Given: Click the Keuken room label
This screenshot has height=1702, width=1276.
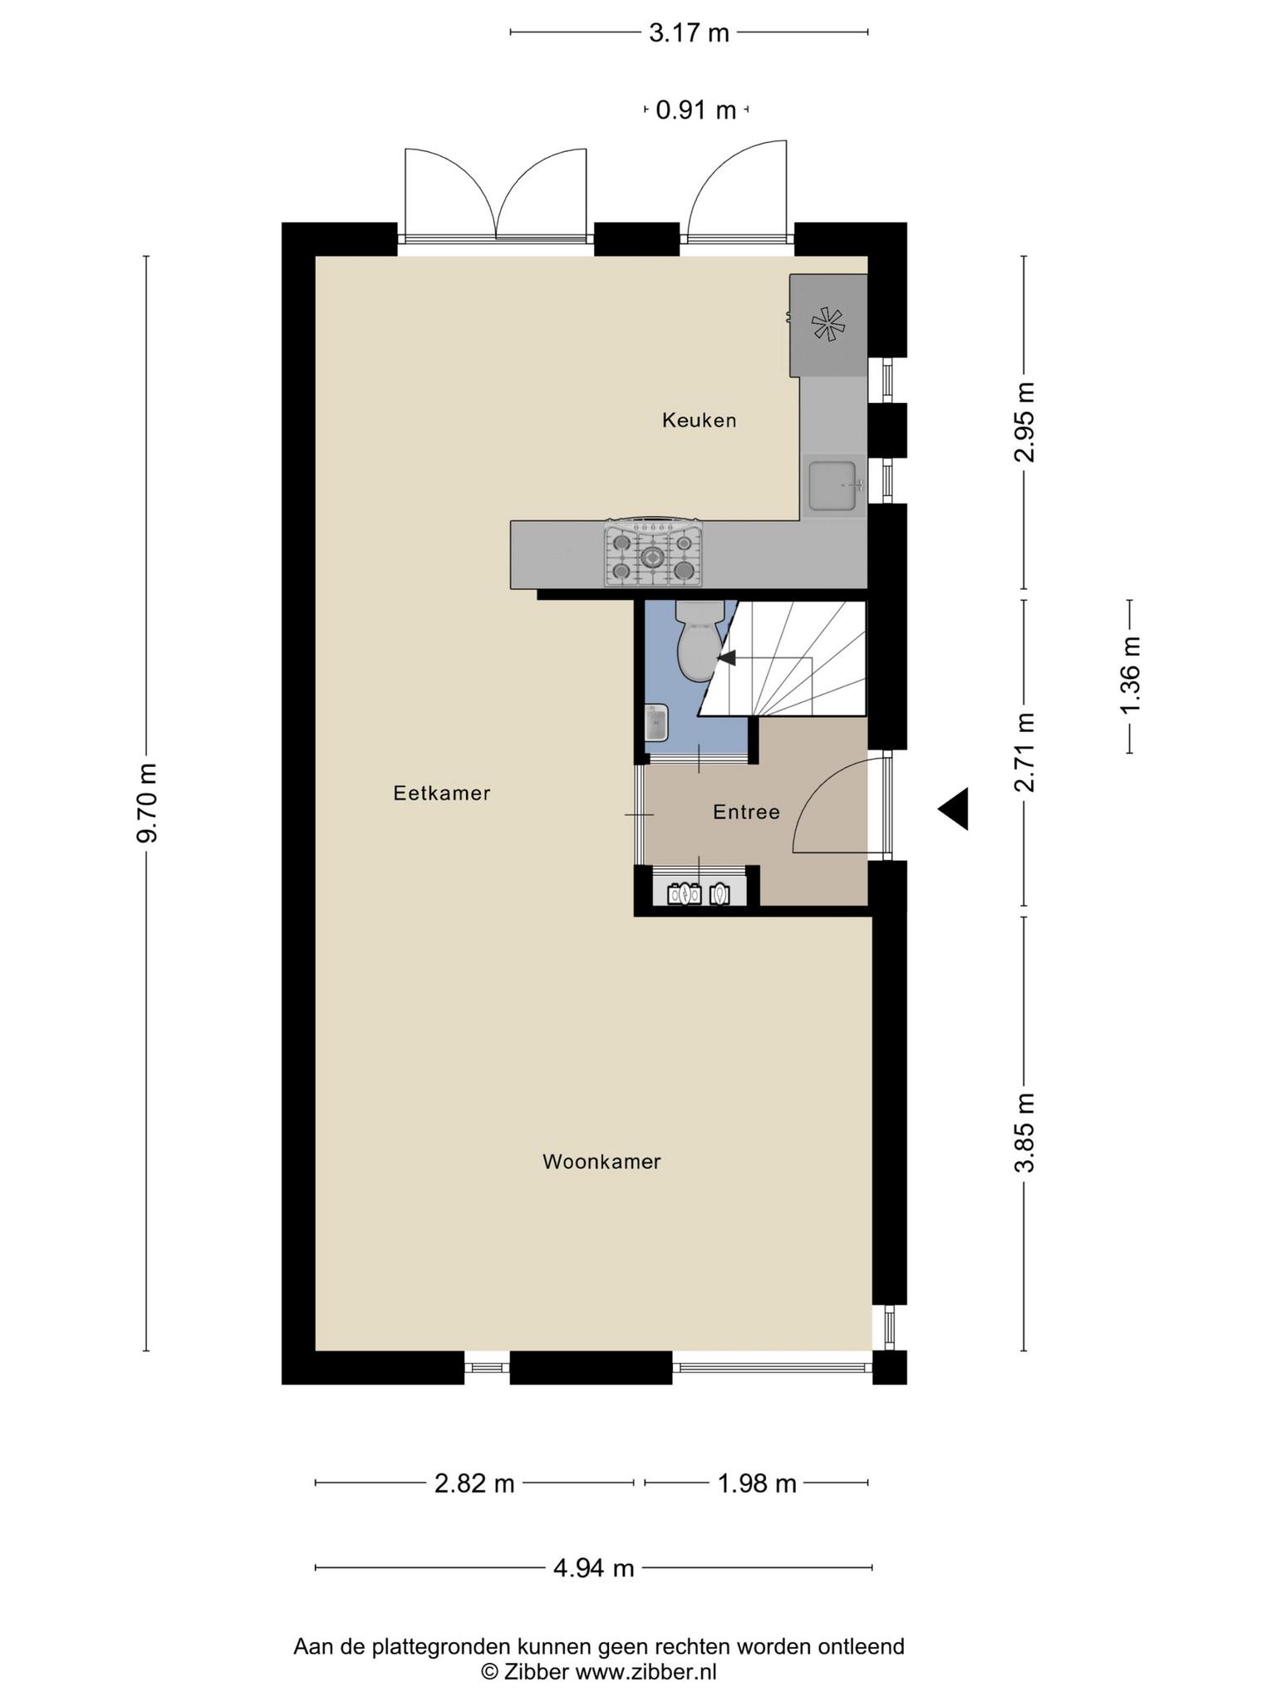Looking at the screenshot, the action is click(699, 421).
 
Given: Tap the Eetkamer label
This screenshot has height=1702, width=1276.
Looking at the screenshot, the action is click(442, 794).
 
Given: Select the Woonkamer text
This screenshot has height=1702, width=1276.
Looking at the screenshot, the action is click(601, 1162).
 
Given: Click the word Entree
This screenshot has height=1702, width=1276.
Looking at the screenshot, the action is click(746, 812).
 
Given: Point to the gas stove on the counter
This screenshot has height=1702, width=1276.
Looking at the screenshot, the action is click(653, 552).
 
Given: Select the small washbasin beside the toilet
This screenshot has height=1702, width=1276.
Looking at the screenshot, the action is click(656, 723).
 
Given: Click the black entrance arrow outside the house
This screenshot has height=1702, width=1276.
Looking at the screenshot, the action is click(954, 809).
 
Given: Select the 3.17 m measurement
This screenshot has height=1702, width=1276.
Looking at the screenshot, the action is click(689, 33).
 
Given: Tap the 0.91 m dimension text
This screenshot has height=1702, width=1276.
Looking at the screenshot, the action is click(696, 110).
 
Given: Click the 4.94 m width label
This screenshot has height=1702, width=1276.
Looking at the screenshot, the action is click(593, 1568).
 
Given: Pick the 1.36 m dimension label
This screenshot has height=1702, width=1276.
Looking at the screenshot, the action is click(1130, 674).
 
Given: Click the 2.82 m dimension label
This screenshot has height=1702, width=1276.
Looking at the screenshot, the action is click(474, 1483).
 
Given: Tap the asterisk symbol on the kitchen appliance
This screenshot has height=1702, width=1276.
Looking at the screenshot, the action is click(827, 323).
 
